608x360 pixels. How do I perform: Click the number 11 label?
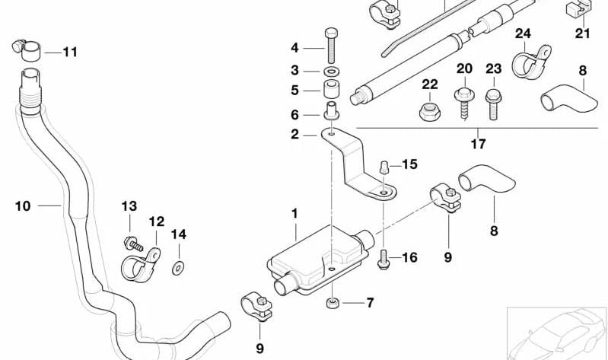70,53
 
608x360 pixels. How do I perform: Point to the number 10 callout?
23,205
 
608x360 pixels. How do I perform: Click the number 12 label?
156,221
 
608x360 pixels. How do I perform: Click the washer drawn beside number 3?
331,70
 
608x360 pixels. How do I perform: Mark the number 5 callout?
295,91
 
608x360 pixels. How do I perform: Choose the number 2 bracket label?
295,134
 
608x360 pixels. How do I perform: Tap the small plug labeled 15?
384,167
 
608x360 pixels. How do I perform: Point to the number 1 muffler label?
296,215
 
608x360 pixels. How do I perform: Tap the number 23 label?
494,69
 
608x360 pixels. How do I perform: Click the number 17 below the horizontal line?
478,142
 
